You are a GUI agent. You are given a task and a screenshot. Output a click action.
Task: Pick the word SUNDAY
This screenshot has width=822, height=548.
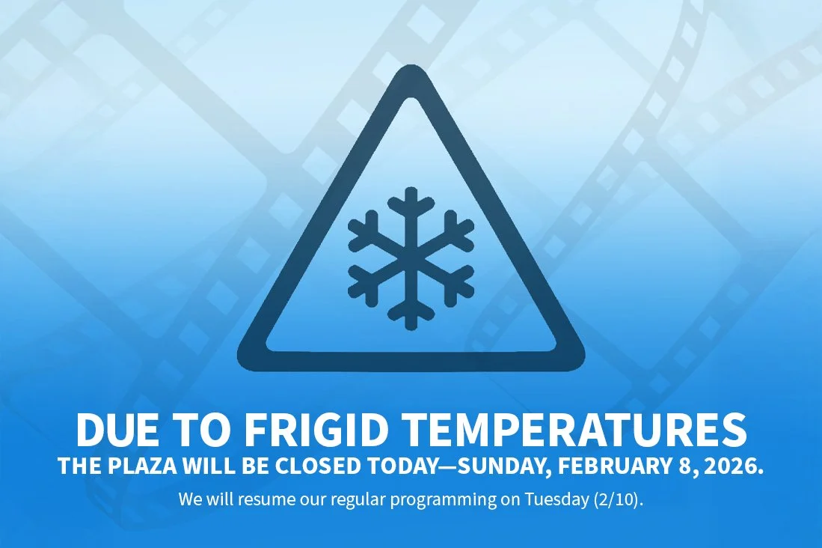coord(504,466)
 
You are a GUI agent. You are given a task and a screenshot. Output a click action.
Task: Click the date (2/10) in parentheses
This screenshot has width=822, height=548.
coord(623,499)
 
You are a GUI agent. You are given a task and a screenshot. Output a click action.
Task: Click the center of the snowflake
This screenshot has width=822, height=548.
coord(411,258)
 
